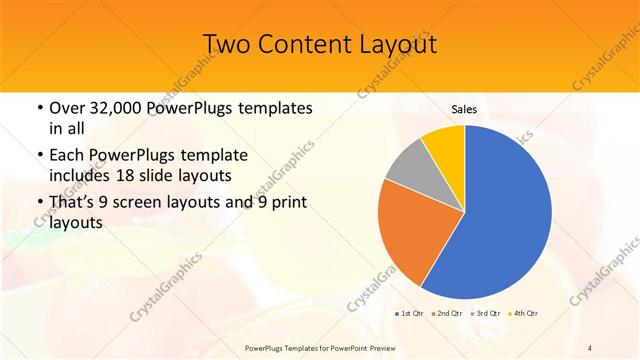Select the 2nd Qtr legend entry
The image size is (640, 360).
pyautogui.click(x=447, y=313)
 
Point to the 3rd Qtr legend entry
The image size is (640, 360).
pyautogui.click(x=487, y=313)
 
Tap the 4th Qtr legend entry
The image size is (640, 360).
pyautogui.click(x=525, y=313)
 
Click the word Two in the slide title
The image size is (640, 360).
pyautogui.click(x=227, y=44)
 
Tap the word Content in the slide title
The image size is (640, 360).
pyautogui.click(x=301, y=44)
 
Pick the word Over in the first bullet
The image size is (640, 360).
pyautogui.click(x=66, y=108)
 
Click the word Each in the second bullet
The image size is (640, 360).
pyautogui.click(x=66, y=156)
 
